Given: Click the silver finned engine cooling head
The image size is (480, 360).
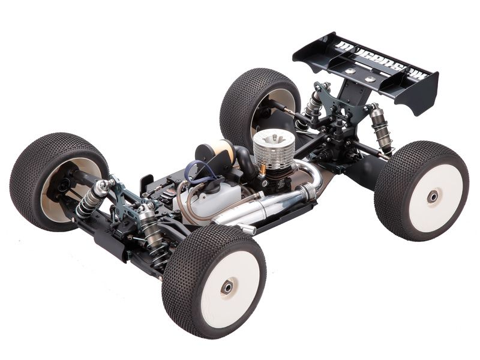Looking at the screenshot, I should click(x=274, y=145).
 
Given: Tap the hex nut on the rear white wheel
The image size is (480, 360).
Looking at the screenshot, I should click(x=432, y=196).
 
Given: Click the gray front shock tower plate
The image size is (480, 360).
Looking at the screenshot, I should click(x=129, y=198).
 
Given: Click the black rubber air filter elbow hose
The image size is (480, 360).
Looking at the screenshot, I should click(x=242, y=159).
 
